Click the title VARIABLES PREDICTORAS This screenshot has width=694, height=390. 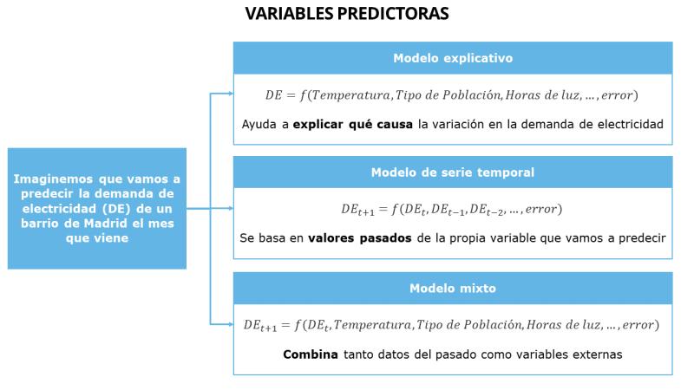[x=347, y=13]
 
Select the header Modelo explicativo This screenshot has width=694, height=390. [x=453, y=58]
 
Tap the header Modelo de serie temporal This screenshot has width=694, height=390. [x=453, y=172]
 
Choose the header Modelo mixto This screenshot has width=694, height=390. [x=453, y=289]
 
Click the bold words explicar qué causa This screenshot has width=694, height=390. [x=353, y=124]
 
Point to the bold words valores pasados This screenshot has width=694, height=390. [x=360, y=238]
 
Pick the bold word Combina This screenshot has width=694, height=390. [x=311, y=354]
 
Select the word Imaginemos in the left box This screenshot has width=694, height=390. [x=53, y=179]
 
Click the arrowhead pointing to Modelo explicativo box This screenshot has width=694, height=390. [x=231, y=94]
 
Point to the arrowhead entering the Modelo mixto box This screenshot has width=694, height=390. [x=231, y=324]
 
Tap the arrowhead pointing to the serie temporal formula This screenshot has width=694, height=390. [x=231, y=208]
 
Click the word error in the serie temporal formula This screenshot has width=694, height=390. [x=540, y=209]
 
